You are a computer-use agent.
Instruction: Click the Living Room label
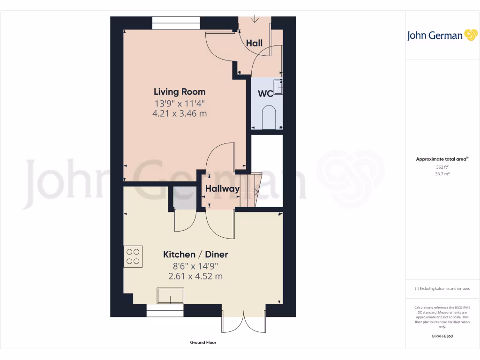(180, 92)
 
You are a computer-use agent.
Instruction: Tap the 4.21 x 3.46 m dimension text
(180, 113)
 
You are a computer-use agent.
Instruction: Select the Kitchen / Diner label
(195, 255)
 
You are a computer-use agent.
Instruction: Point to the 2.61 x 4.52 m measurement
(195, 277)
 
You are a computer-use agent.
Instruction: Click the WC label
(266, 93)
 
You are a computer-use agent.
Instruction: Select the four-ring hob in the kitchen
(133, 256)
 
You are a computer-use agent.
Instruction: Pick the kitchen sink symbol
(171, 296)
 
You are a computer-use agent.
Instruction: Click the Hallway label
(222, 189)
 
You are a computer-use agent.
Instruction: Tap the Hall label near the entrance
(255, 43)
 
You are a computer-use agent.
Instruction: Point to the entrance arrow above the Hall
(255, 19)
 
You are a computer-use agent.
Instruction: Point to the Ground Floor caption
(203, 343)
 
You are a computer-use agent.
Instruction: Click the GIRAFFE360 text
(442, 336)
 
